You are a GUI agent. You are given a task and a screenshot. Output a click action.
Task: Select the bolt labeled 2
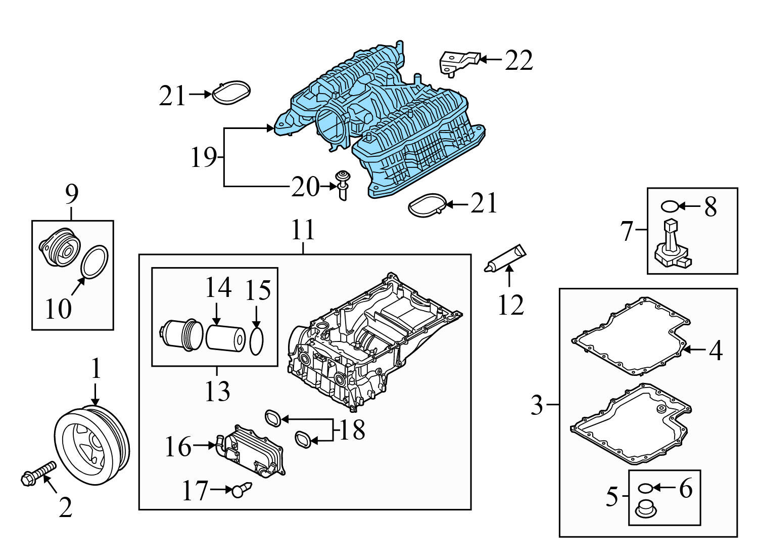tap(37, 473)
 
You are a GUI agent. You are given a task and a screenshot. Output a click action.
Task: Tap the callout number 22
tap(519, 61)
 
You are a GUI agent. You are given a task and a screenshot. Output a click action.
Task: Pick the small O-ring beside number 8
tap(670, 206)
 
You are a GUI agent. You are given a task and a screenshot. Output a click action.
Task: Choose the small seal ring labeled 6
tap(645, 488)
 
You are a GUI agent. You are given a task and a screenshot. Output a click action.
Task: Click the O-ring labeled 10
tap(94, 262)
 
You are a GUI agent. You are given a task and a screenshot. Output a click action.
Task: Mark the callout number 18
tap(352, 431)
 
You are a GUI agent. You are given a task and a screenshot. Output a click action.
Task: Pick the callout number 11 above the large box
tap(303, 230)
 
